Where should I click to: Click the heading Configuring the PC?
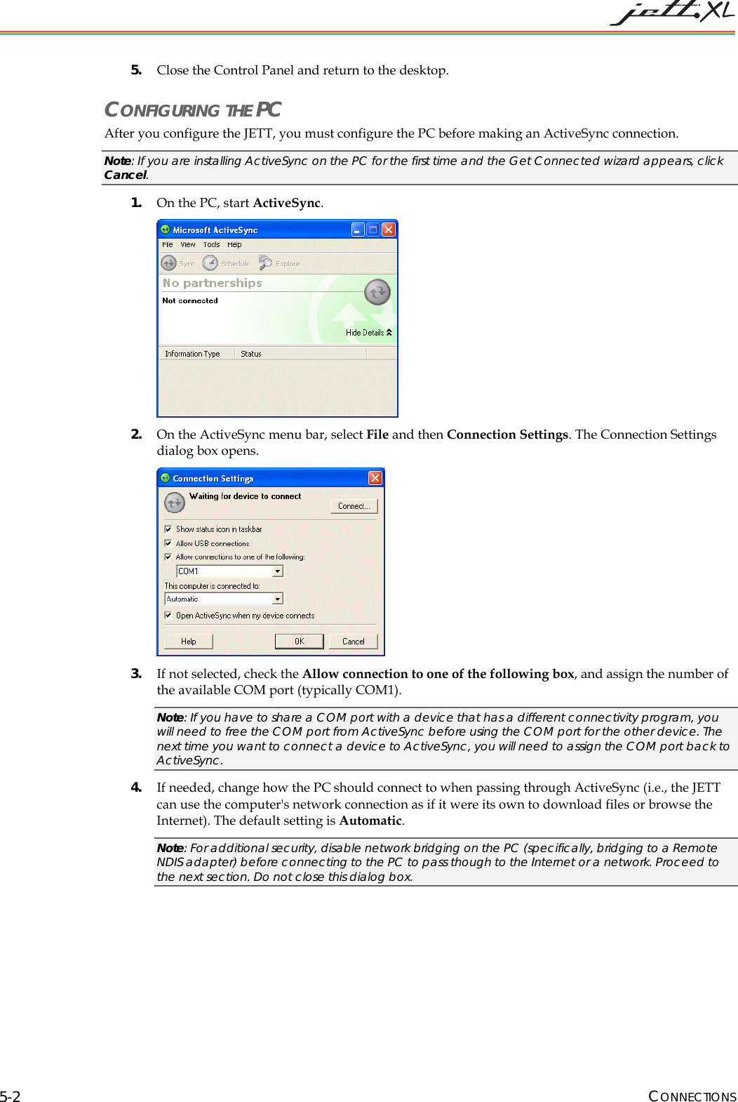(x=192, y=110)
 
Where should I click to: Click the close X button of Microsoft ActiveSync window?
(x=388, y=230)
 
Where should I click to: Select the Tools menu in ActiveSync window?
(x=211, y=245)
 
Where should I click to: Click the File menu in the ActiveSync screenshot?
(x=167, y=245)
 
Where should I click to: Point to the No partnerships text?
(x=212, y=283)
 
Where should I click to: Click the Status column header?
(x=250, y=354)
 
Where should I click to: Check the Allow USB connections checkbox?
(x=168, y=543)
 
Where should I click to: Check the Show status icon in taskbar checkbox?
(x=168, y=529)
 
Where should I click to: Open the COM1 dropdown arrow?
(x=278, y=571)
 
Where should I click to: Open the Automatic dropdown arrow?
(x=278, y=599)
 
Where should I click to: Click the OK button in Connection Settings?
(x=299, y=642)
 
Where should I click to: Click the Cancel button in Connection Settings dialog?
(x=353, y=642)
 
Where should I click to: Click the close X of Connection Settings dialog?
(x=375, y=478)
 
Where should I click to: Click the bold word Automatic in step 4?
(x=370, y=821)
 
